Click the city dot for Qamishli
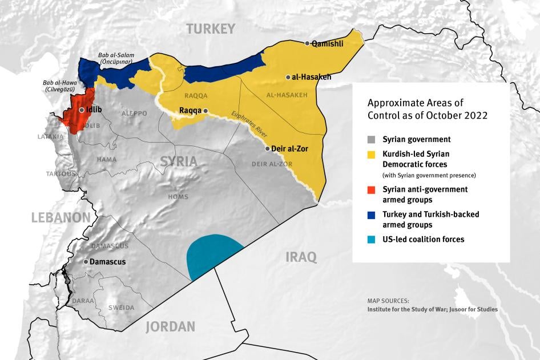(308, 43)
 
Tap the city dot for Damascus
(86, 261)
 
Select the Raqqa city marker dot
(206, 111)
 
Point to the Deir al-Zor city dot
(268, 148)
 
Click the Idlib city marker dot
(82, 110)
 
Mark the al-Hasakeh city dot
(288, 77)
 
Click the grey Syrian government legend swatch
(372, 139)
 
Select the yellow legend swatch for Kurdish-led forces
(372, 154)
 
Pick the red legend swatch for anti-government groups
(372, 189)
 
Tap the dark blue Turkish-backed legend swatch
(372, 215)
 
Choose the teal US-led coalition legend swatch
(372, 240)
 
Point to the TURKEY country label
(211, 29)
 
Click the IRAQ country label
(301, 257)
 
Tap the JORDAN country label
(170, 327)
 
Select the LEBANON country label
(61, 217)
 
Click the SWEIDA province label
(122, 308)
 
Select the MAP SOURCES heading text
(388, 300)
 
